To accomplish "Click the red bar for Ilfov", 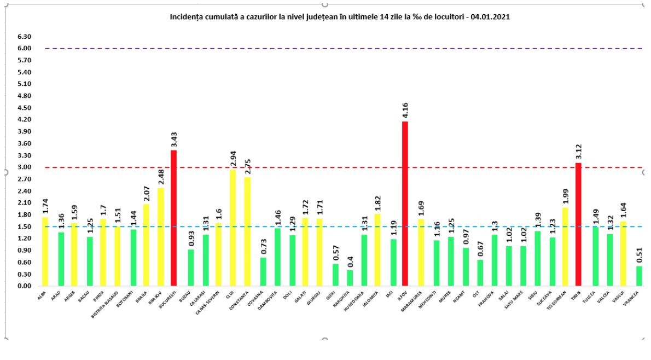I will pyautogui.click(x=405, y=204).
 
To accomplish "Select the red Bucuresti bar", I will pyautogui.click(x=174, y=218).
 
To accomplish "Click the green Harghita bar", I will pyautogui.click(x=349, y=278).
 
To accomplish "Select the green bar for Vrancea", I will pyautogui.click(x=639, y=276).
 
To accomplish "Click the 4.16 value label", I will pyautogui.click(x=405, y=111).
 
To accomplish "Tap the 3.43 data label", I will pyautogui.click(x=174, y=140).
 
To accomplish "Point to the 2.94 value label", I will pyautogui.click(x=233, y=159).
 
